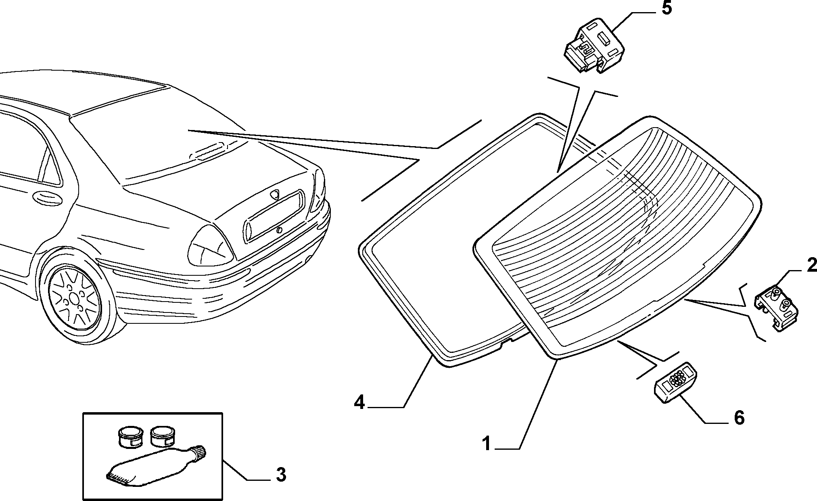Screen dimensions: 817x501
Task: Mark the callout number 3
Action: (x=281, y=475)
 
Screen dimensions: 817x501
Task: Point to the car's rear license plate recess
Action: (x=273, y=216)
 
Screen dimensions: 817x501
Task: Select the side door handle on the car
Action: (x=48, y=197)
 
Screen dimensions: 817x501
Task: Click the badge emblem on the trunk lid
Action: (x=276, y=195)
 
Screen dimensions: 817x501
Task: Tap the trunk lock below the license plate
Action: (x=280, y=231)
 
